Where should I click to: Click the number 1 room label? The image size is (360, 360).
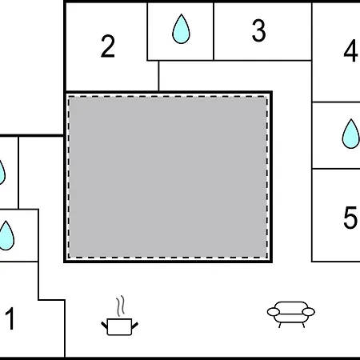[10, 318]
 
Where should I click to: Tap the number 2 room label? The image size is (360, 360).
[108, 46]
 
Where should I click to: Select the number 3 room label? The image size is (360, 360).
[258, 30]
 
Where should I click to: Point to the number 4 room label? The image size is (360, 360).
[350, 50]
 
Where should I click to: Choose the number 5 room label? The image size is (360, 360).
[350, 218]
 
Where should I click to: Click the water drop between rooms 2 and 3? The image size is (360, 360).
[181, 29]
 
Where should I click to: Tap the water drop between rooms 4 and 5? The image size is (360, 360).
[350, 134]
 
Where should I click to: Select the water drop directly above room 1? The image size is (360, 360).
[6, 236]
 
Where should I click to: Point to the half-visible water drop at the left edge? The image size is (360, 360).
[2, 172]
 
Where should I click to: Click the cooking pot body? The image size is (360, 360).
[119, 326]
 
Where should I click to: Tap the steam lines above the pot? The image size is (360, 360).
[121, 306]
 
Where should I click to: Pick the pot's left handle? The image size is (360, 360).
[104, 326]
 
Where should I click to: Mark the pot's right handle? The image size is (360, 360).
[134, 326]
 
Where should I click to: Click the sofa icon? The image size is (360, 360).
[291, 314]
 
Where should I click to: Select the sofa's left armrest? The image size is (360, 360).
[274, 311]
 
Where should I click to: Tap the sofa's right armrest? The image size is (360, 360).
[309, 311]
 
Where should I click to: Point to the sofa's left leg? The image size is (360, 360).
[280, 325]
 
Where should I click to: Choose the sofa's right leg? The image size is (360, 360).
[303, 325]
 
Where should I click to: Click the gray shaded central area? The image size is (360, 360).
[168, 177]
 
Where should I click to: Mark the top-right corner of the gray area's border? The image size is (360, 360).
[271, 92]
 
